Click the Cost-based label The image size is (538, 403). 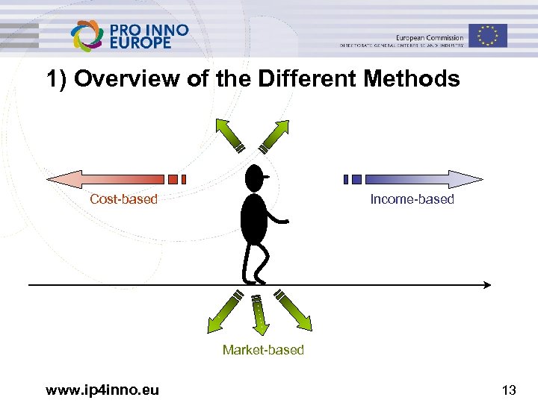point(123,199)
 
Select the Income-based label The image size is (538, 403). point(412,199)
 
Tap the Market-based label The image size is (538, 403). point(263,350)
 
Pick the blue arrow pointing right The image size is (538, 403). point(418,179)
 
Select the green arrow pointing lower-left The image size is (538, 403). point(223,312)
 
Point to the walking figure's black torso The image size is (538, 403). point(253,219)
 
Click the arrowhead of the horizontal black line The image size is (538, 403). point(486,284)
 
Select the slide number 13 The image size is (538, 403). point(509,390)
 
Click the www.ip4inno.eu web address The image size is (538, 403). point(102,390)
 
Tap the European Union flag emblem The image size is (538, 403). point(489,35)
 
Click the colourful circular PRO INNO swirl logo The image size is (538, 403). point(87,35)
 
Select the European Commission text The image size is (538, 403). point(430,37)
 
